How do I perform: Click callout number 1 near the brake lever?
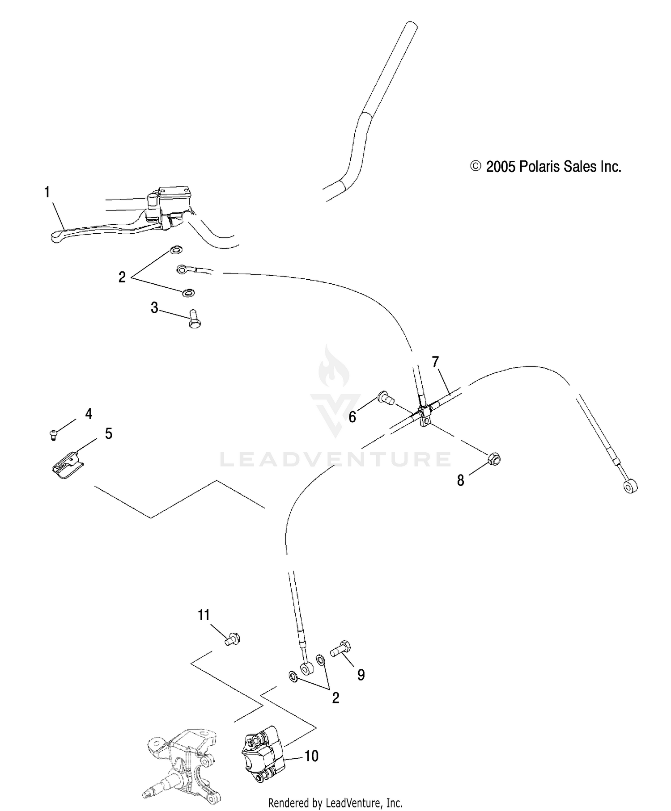click(47, 193)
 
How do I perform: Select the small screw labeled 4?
click(53, 434)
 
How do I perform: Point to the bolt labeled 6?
click(385, 397)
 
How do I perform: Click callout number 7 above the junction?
click(435, 362)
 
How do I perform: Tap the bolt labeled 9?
click(341, 648)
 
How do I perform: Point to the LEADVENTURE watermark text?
click(335, 459)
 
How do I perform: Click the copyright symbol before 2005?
click(476, 167)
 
